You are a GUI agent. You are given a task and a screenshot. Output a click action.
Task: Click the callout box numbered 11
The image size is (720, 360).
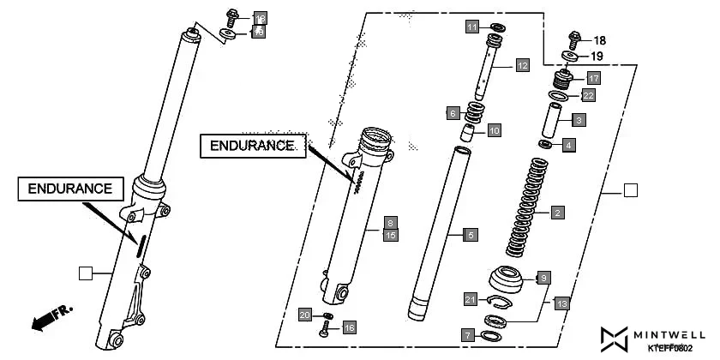coord(472,27)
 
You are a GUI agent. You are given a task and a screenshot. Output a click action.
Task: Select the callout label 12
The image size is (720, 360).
coord(522,64)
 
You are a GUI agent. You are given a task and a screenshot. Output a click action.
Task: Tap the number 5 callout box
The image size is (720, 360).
coord(469,233)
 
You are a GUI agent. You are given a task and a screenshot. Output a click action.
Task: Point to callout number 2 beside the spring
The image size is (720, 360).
coord(557,212)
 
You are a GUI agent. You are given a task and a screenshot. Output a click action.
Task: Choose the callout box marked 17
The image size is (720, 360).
coord(593,77)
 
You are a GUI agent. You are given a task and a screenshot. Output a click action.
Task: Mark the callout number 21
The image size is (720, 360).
coord(470,299)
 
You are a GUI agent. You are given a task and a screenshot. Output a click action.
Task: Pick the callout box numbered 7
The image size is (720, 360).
coord(466,335)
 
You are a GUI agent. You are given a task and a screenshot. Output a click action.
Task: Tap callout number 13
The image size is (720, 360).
coord(561,303)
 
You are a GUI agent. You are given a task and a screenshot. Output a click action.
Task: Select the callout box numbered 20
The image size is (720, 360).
coord(304,315)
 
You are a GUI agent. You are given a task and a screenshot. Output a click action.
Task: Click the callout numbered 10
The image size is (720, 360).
coord(494,130)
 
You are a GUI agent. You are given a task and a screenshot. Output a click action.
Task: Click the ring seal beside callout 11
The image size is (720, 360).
coord(496,27)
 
